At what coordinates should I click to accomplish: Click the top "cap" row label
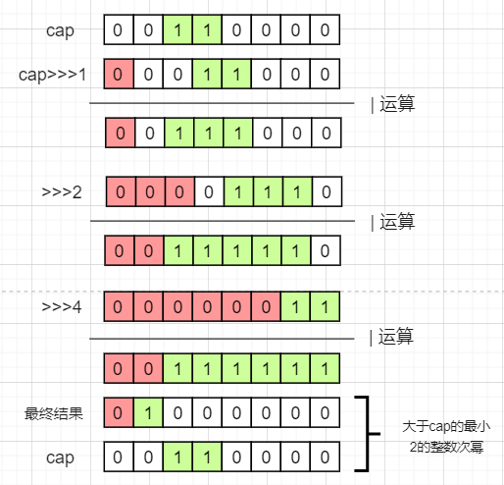click(60, 30)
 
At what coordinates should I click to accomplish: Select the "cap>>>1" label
click(53, 75)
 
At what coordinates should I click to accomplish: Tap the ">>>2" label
click(62, 191)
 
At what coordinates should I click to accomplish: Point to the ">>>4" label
click(62, 308)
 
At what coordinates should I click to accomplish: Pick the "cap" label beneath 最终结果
click(60, 458)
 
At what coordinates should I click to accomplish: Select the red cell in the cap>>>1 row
click(119, 75)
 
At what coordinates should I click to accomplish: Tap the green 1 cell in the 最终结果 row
click(148, 413)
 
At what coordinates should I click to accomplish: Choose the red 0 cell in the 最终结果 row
click(119, 413)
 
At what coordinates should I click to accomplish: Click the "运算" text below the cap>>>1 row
click(397, 104)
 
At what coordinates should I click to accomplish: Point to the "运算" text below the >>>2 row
click(397, 222)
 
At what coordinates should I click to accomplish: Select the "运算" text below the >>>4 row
click(397, 340)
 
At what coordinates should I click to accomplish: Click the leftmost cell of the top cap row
click(119, 30)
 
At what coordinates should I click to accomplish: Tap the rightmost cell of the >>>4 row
click(325, 308)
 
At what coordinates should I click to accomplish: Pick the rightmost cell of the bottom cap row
click(325, 457)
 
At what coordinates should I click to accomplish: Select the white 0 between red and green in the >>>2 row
click(207, 191)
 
